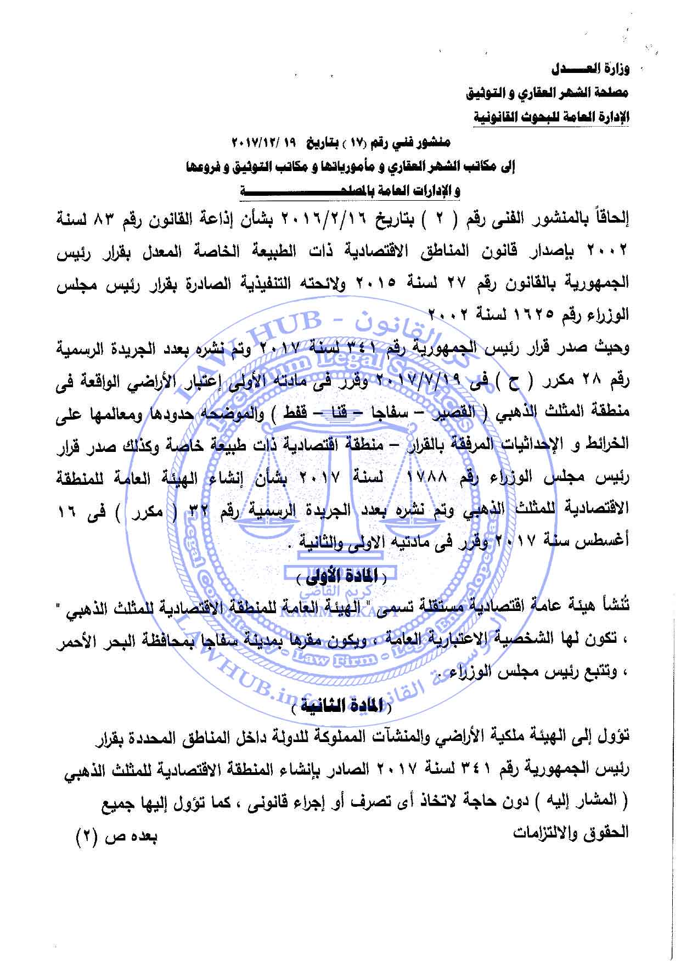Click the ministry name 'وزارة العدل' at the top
(x=590, y=70)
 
